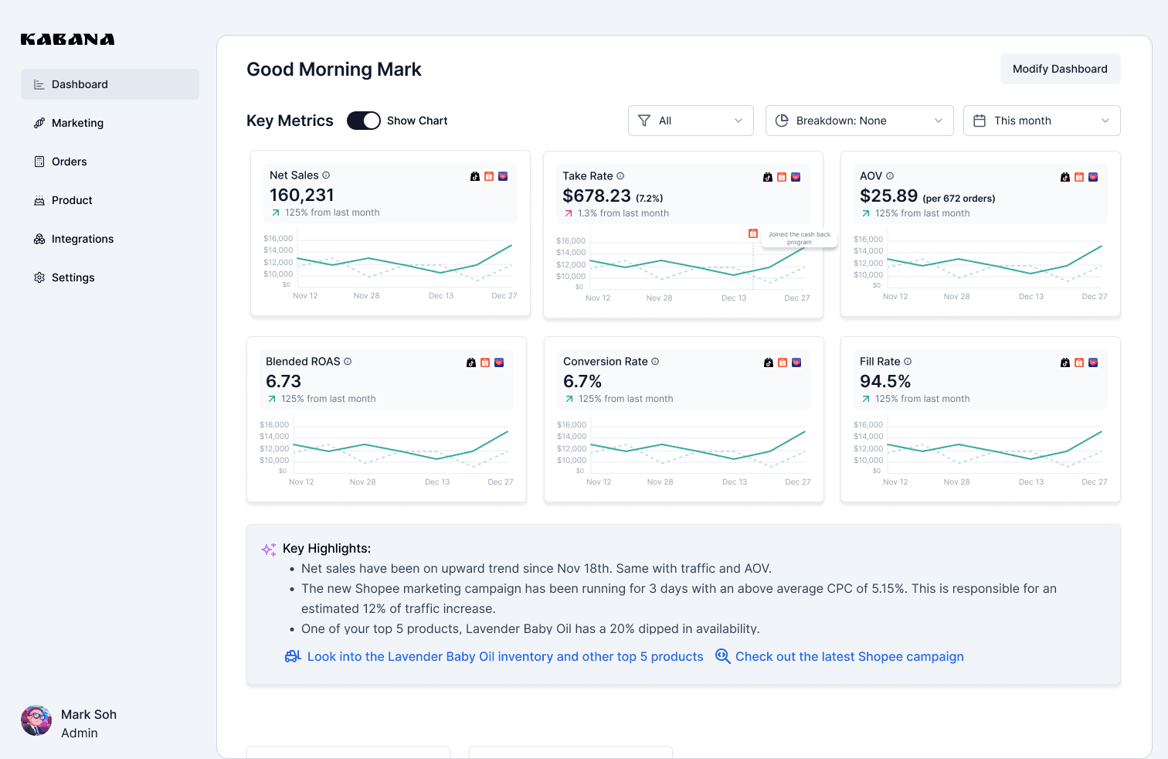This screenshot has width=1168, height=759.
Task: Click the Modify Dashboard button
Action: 1060,69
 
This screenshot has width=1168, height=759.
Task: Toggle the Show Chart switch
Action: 363,121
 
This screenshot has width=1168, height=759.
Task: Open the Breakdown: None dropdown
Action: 859,121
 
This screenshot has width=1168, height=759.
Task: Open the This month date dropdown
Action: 1041,121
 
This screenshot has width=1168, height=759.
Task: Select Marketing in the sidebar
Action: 77,123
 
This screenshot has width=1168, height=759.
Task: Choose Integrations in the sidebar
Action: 82,239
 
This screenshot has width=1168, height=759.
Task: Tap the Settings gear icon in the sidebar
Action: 39,277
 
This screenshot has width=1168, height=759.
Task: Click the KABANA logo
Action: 67,39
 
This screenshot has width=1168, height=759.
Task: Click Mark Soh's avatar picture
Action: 36,720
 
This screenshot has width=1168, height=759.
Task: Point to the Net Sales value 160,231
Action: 302,196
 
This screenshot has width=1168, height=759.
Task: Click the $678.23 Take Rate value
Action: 596,196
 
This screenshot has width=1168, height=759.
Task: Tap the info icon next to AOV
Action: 890,176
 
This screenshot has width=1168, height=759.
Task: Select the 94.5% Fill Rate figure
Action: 885,382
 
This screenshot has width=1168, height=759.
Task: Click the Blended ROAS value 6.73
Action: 284,382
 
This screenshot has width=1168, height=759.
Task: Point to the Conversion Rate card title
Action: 605,362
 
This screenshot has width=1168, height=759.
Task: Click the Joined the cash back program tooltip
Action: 799,238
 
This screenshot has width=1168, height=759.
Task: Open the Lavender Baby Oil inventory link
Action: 505,657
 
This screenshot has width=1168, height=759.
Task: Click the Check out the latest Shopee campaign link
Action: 849,657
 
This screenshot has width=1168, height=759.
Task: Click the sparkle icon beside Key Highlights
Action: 268,549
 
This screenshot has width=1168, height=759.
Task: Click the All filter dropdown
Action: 691,121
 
